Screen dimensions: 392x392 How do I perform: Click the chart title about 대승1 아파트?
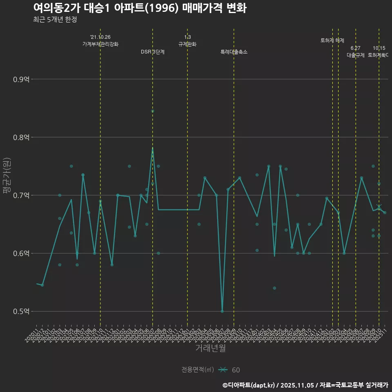pyautogui.click(x=140, y=8)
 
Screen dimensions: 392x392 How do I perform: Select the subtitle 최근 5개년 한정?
pyautogui.click(x=55, y=19)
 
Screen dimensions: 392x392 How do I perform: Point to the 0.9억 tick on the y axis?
pyautogui.click(x=22, y=79)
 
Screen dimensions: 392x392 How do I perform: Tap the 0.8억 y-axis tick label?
pyautogui.click(x=22, y=137)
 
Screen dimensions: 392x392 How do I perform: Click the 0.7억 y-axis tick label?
pyautogui.click(x=22, y=195)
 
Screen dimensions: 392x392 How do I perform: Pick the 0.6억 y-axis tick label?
pyautogui.click(x=22, y=253)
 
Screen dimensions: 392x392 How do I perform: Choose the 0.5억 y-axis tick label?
pyautogui.click(x=22, y=311)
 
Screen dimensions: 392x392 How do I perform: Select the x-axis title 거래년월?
pyautogui.click(x=210, y=348)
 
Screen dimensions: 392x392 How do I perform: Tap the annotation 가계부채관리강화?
pyautogui.click(x=100, y=44)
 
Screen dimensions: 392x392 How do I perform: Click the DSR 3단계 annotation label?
pyautogui.click(x=153, y=52)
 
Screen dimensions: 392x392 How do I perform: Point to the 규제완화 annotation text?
pyautogui.click(x=187, y=44)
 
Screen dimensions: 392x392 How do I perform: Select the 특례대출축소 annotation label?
pyautogui.click(x=234, y=52)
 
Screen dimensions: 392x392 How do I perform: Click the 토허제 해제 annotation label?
pyautogui.click(x=332, y=40)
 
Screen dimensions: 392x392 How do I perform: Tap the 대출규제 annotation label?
pyautogui.click(x=356, y=55)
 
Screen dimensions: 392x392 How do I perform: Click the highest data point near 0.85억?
pyautogui.click(x=153, y=111)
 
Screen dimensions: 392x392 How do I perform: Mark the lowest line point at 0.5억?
pyautogui.click(x=222, y=311)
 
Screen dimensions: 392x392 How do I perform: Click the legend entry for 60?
pyautogui.click(x=229, y=370)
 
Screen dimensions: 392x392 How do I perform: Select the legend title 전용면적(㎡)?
pyautogui.click(x=198, y=370)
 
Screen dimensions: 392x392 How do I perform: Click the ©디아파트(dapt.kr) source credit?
pyautogui.click(x=249, y=385)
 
